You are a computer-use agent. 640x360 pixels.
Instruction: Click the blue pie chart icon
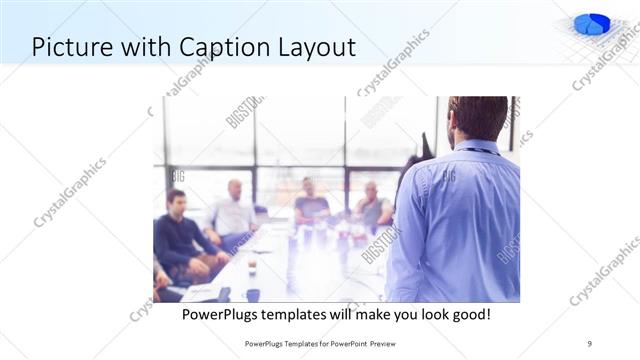point(592,24)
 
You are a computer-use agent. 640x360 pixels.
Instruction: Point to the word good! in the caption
point(467,314)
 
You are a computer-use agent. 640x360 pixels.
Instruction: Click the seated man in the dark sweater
point(178,236)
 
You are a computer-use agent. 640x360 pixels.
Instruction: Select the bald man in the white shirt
point(234,213)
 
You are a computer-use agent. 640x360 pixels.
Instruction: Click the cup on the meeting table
point(251,267)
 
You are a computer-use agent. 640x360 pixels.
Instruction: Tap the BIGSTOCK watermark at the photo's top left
point(244,111)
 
